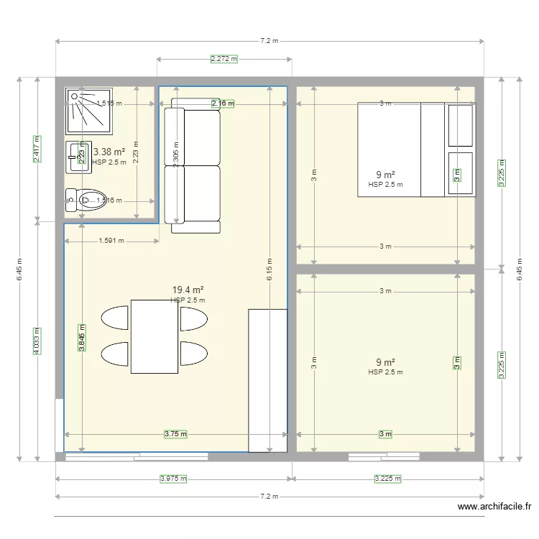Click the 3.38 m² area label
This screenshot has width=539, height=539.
click(x=109, y=152)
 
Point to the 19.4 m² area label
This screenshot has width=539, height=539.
click(x=187, y=290)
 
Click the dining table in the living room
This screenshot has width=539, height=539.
click(x=154, y=336)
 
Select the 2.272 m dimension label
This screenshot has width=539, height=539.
click(x=224, y=59)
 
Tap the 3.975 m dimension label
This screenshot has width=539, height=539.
click(x=174, y=479)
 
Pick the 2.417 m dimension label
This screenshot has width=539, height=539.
click(x=37, y=149)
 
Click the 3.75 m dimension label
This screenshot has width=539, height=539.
click(x=175, y=434)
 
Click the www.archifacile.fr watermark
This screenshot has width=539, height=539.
click(x=495, y=507)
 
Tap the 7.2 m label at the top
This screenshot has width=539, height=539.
click(x=269, y=41)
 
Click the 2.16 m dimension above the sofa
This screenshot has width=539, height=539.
click(x=223, y=103)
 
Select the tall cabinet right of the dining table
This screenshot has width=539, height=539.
click(x=267, y=380)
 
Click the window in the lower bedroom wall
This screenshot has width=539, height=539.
click(x=384, y=456)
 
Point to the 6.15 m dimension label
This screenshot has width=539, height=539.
click(x=269, y=269)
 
